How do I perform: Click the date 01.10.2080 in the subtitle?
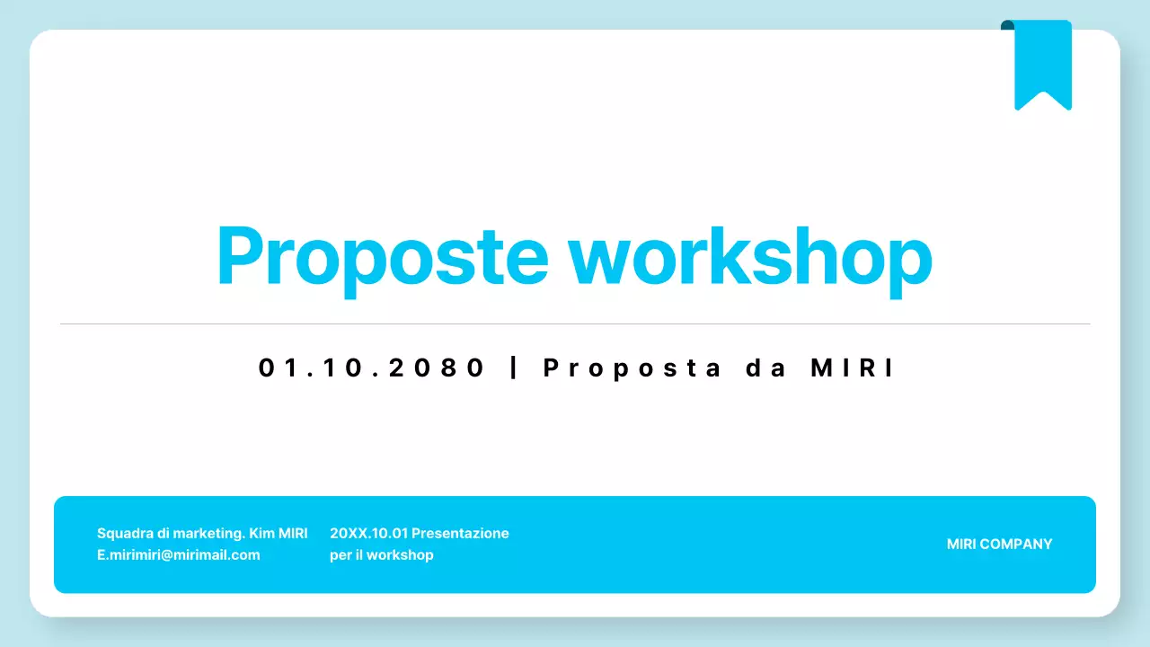(x=372, y=368)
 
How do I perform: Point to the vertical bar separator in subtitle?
(x=514, y=368)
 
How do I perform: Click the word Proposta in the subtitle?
(x=632, y=368)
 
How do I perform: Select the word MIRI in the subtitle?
(x=853, y=368)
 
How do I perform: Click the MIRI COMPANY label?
(x=999, y=544)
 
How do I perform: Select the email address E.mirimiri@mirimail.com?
(x=179, y=555)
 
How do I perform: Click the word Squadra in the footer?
(x=124, y=533)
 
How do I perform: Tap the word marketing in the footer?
(x=207, y=533)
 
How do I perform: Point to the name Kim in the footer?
(x=261, y=533)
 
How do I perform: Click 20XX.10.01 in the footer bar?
(x=368, y=533)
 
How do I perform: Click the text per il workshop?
(x=382, y=555)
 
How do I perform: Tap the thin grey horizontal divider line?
(x=575, y=323)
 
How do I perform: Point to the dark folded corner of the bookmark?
(x=1007, y=25)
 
